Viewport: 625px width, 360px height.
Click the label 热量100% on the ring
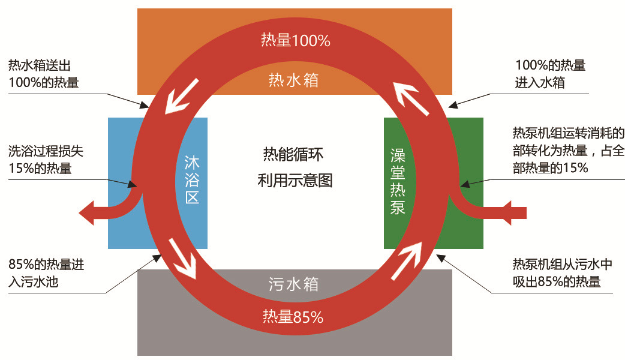click(295, 41)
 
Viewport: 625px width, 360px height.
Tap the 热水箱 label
click(294, 80)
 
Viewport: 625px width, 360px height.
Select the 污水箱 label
click(294, 284)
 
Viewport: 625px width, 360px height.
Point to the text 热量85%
click(293, 317)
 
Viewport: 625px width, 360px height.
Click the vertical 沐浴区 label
click(192, 180)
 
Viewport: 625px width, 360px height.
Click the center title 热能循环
click(293, 154)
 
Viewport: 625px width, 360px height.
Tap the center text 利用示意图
click(294, 179)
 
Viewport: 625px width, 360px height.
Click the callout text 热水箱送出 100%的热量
click(44, 74)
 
